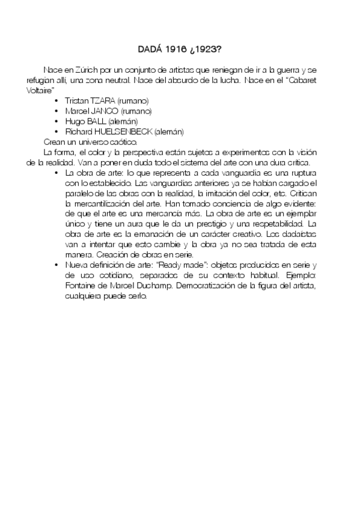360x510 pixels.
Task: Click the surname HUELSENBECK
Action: click(x=121, y=132)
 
